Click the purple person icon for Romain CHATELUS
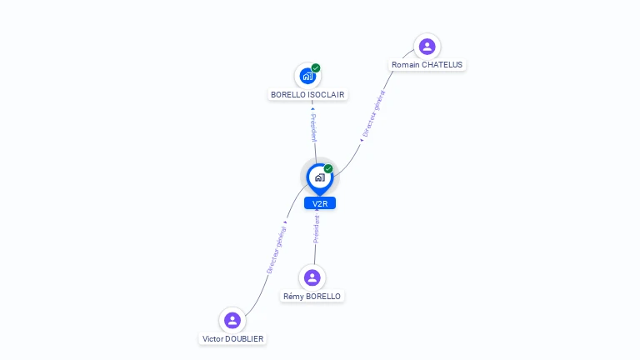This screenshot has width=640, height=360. tap(427, 47)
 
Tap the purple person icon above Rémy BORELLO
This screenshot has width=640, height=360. tap(312, 277)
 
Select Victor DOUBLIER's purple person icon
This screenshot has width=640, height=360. tap(232, 320)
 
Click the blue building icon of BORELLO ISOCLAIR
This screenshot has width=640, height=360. tap(307, 76)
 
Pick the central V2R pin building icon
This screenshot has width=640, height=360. tap(320, 177)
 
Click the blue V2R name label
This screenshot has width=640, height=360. tap(320, 203)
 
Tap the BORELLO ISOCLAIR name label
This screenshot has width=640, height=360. tap(307, 95)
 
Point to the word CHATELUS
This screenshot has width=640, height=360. tap(442, 65)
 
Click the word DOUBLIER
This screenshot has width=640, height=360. tap(244, 339)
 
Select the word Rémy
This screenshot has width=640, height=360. tap(292, 297)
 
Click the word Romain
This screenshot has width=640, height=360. tap(406, 65)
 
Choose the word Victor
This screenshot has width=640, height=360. tap(212, 339)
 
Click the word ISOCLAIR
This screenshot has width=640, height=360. tap(326, 95)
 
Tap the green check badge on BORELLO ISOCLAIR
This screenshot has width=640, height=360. tap(316, 67)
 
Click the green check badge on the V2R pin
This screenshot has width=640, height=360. tap(328, 168)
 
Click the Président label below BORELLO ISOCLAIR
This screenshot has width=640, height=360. tap(313, 127)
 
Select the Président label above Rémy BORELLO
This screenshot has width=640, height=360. tap(317, 229)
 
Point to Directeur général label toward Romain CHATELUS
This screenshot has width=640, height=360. tap(373, 113)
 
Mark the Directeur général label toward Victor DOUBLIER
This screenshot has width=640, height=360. tap(277, 250)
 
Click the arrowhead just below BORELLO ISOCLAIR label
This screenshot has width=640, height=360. tap(312, 109)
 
